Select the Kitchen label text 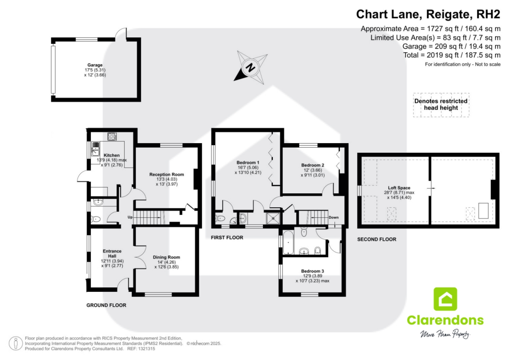click(108, 155)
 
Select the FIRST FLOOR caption click(227, 238)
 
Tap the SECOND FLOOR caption click(377, 240)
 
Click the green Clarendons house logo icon click(445, 299)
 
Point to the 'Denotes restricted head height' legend click(440, 104)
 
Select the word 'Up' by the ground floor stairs click(130, 217)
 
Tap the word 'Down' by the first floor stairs click(334, 217)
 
